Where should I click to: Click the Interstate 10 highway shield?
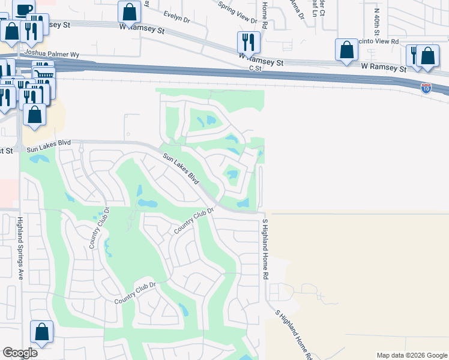coord(426,88)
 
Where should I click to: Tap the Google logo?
coord(20,353)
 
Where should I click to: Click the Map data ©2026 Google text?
coord(412,355)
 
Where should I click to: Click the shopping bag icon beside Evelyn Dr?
coord(130,11)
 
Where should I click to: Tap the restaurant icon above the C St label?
coord(249,42)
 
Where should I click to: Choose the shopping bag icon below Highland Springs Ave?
coord(42,331)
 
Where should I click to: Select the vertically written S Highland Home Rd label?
coord(264,248)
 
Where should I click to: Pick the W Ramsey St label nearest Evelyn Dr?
coord(145,27)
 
